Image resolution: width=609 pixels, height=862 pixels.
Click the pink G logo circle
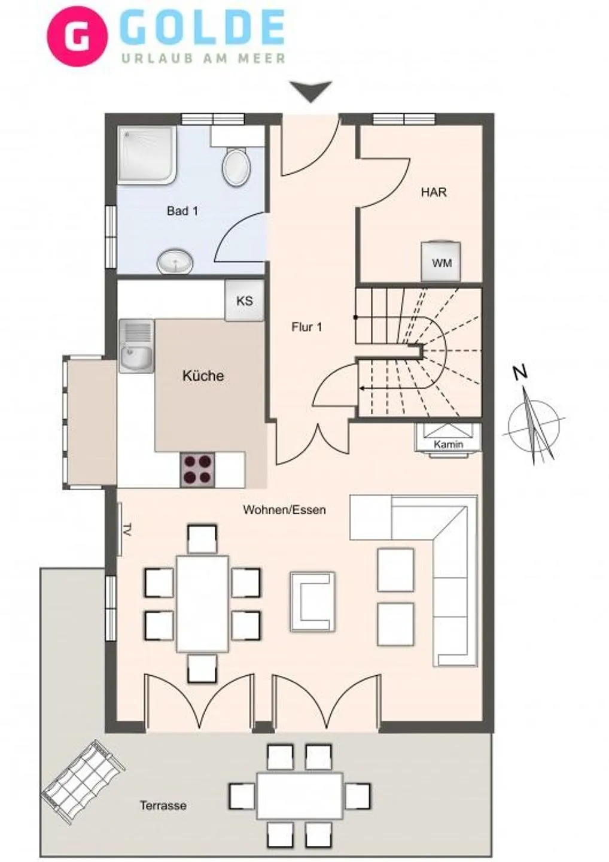point(77,36)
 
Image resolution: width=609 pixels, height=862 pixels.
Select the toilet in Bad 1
point(236,167)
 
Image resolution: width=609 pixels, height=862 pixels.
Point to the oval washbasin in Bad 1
point(175,262)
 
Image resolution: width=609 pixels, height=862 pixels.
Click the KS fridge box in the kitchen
point(244,301)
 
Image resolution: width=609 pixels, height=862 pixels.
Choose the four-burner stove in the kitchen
point(198,469)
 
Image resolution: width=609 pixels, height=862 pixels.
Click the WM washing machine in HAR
point(441,261)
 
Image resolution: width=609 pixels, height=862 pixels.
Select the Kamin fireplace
point(449,439)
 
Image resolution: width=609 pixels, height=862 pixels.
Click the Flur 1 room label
point(307,327)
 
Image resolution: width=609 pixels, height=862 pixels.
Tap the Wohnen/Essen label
point(284,510)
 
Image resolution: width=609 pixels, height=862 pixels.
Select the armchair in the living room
point(312,602)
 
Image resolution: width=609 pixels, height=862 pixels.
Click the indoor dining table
point(202,603)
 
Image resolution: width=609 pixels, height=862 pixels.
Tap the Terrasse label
point(163,806)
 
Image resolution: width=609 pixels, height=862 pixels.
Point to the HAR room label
point(434,192)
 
